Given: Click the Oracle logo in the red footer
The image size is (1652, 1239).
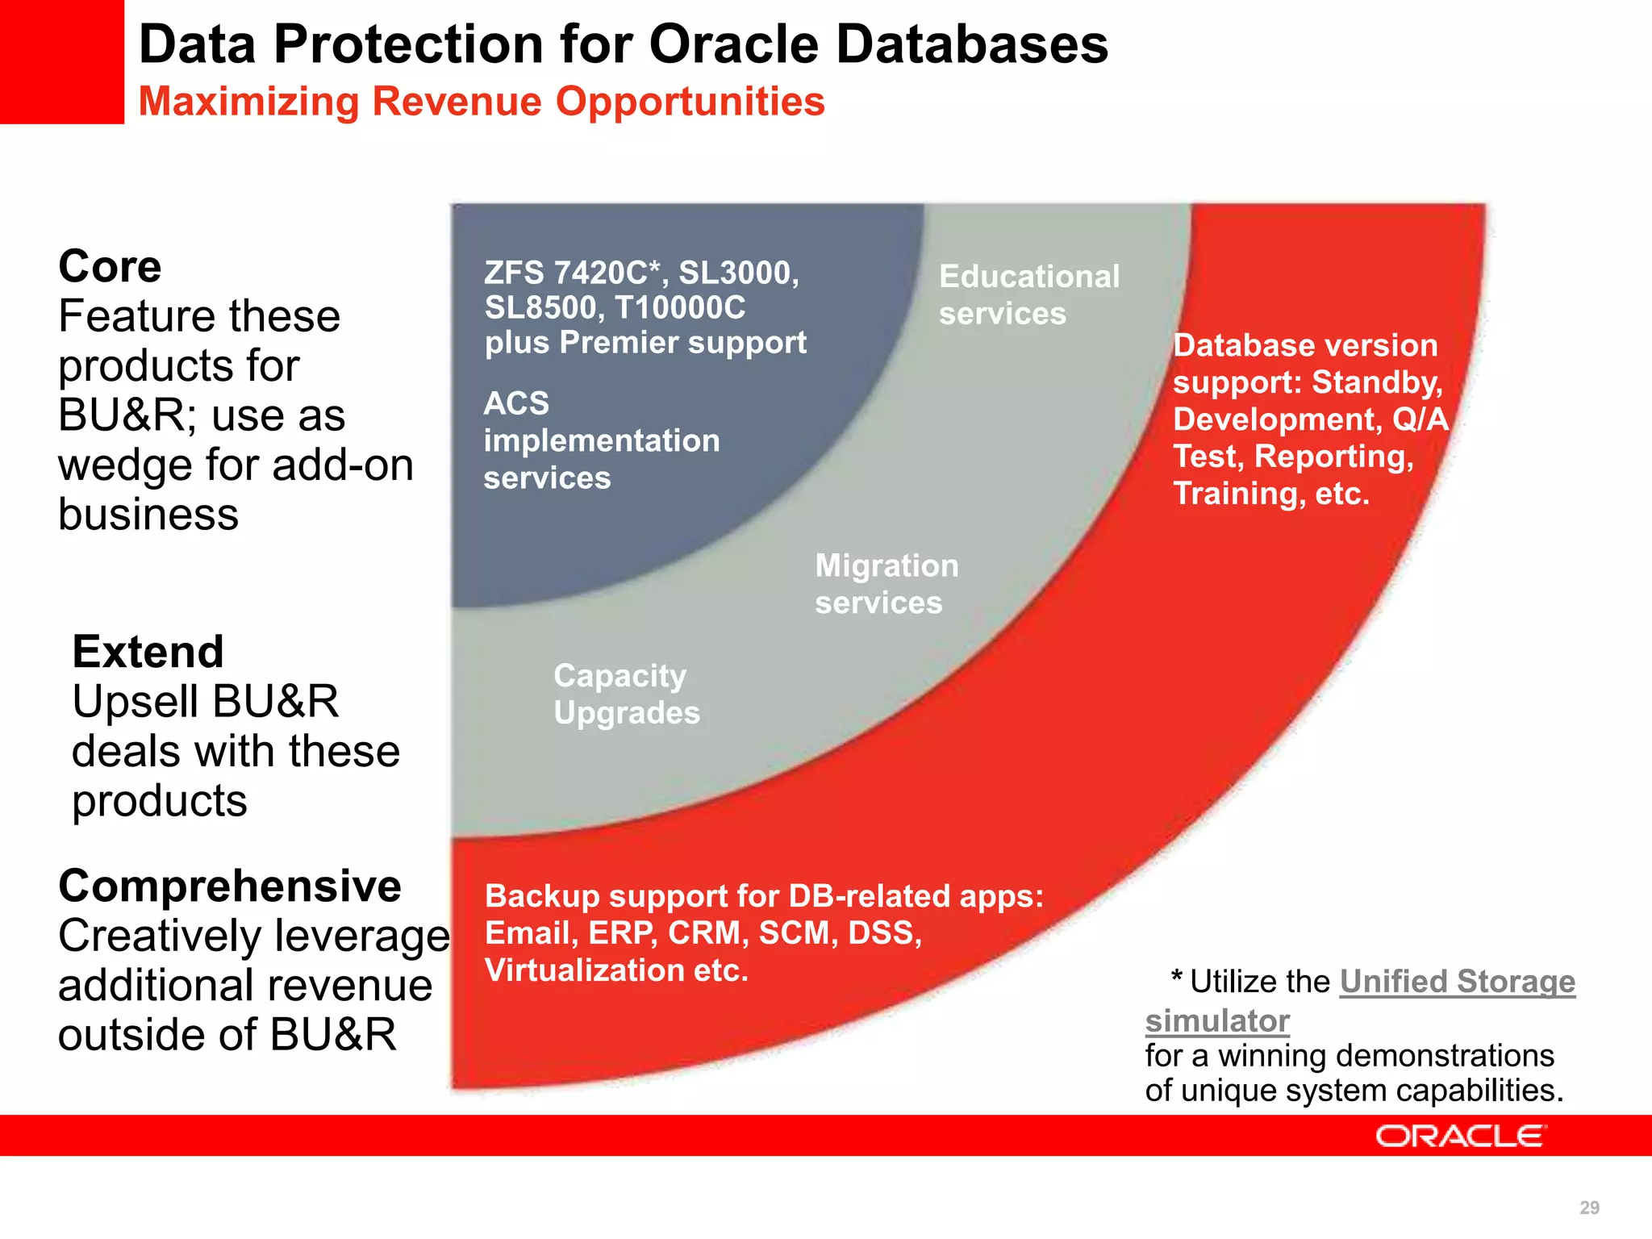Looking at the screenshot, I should tap(1460, 1136).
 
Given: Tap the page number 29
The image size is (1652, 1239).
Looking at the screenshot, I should tap(1589, 1208).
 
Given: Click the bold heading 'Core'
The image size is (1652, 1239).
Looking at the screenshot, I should tap(110, 267).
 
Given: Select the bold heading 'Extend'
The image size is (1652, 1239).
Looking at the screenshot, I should tap(148, 652).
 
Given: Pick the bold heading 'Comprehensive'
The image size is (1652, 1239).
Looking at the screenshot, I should tap(230, 886).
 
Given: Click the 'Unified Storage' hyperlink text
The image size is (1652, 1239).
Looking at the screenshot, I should tap(1457, 982).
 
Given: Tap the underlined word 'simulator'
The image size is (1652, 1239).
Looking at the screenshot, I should tap(1217, 1021).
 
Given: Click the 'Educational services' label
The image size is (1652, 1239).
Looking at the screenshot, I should tap(1028, 294).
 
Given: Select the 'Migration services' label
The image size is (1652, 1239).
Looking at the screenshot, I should tap(886, 584).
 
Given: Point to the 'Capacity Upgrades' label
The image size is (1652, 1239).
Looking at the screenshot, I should tap(626, 694).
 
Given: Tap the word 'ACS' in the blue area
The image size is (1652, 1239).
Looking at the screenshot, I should tap(516, 403).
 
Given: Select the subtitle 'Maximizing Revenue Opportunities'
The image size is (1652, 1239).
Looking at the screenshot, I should tap(482, 102).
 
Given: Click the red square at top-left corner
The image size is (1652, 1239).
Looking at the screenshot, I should tap(61, 61).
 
